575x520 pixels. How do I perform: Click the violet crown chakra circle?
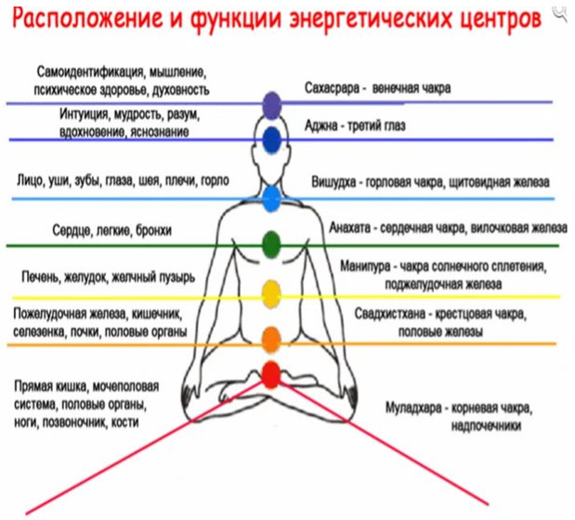271,104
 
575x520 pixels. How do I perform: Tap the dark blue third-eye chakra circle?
271,139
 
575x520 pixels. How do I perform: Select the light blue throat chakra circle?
271,196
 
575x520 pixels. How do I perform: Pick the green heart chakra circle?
270,244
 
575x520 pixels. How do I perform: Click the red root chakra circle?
270,375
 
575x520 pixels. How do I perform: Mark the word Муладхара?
412,408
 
